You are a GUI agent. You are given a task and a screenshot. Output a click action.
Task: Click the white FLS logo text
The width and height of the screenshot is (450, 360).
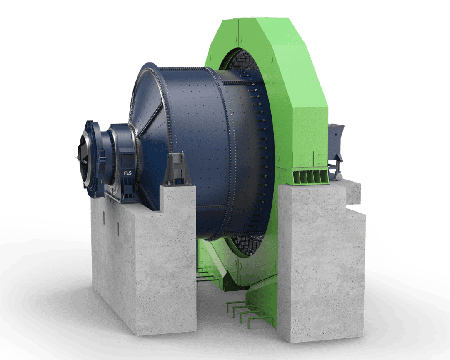tap(128, 173)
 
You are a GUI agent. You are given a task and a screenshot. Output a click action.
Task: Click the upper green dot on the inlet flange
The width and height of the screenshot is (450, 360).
tap(100, 143)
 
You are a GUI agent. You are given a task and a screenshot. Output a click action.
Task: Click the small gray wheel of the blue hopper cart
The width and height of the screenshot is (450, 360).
tap(338, 177)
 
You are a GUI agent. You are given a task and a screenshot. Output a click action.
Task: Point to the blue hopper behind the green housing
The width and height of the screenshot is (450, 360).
tap(336, 143)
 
